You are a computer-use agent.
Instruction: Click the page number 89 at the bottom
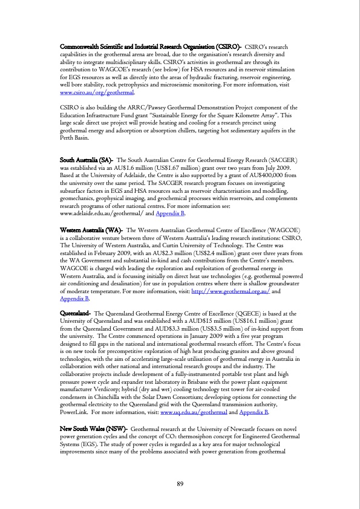tap(180, 482)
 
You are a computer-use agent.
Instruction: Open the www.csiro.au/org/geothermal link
tap(96, 94)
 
